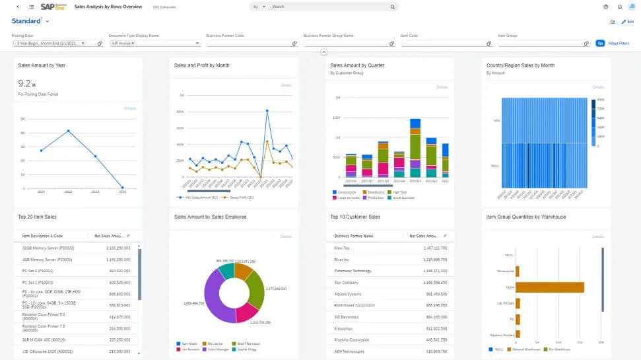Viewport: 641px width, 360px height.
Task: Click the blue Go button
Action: pos(600,43)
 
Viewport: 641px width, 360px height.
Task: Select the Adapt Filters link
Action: pos(619,43)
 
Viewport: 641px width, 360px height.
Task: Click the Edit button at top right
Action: pos(628,22)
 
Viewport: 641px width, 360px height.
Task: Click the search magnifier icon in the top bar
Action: pos(392,7)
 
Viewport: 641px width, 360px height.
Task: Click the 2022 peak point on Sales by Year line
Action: pos(68,131)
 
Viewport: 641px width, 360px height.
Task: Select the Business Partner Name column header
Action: pos(354,235)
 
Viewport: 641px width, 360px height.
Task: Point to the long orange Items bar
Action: pos(549,287)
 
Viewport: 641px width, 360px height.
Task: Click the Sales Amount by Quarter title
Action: pos(357,65)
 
